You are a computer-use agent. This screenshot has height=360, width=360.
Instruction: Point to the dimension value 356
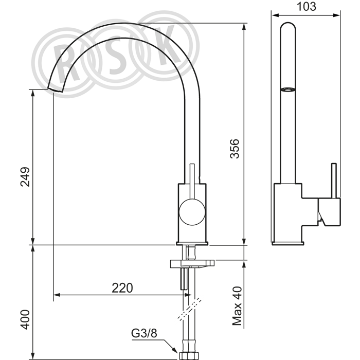(x=235, y=149)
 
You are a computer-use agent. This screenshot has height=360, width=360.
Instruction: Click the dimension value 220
(x=122, y=287)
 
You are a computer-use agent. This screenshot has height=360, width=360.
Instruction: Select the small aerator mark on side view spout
(x=287, y=91)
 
